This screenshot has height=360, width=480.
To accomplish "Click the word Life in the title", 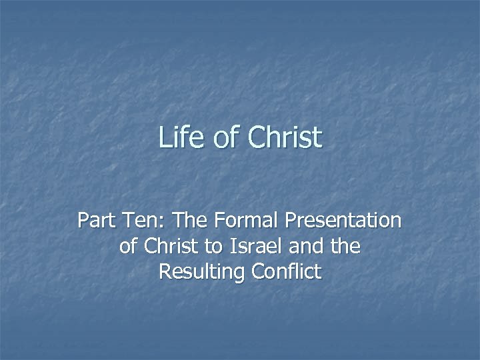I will [178, 138].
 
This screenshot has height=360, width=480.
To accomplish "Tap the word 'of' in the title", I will [223, 138].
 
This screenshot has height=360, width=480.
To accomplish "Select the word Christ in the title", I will [284, 138].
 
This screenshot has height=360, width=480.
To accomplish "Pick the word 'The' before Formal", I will [176, 220].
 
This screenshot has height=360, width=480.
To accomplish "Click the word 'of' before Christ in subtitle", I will [128, 246].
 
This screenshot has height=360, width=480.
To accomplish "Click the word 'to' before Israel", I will [214, 246].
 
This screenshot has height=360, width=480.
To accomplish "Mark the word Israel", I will [254, 246].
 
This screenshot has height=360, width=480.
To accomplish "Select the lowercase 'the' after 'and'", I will [346, 246].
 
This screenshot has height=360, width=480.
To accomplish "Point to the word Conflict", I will [286, 272].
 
